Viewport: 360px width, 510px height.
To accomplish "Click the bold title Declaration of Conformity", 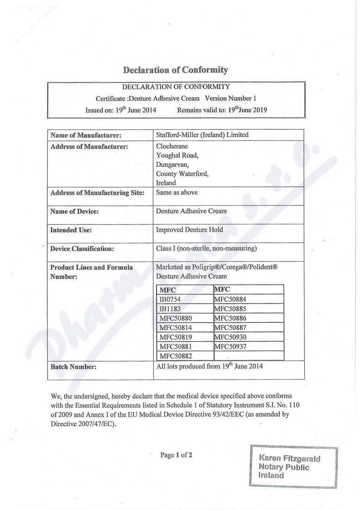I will point(176,70).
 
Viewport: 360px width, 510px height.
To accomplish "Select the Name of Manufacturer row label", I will point(86,135).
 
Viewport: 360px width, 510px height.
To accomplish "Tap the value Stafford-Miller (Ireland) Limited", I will point(202,135).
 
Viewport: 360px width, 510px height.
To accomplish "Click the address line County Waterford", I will point(182,174).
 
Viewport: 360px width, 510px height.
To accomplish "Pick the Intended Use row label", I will point(71,230).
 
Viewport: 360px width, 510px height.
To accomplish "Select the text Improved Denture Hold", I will point(189,229).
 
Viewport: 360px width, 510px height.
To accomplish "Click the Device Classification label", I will point(82,249).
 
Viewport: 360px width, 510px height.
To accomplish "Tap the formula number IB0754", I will point(170,299).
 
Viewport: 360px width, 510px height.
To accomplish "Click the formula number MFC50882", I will point(176,356).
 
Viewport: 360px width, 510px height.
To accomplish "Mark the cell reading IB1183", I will point(169,308).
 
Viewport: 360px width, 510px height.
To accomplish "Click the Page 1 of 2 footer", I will point(176,455).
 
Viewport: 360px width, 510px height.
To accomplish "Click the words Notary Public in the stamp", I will point(284,467).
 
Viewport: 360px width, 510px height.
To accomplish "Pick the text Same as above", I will point(177,192).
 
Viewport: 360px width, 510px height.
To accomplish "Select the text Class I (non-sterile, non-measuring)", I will point(206,249).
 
